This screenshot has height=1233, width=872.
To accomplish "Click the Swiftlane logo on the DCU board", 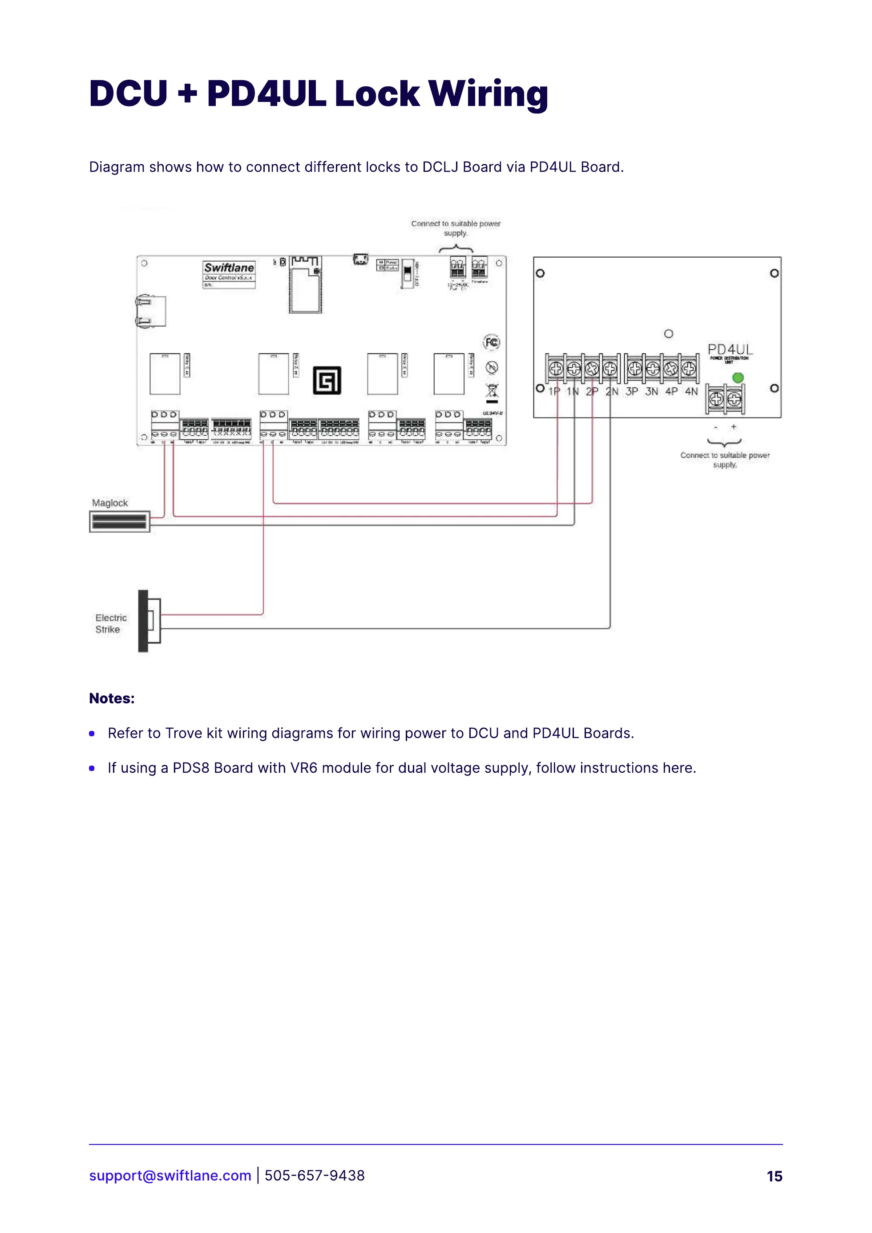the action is point(229,268).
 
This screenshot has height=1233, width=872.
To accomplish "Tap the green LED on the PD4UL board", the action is point(738,378).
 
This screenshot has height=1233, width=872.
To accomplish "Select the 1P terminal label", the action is point(554,392).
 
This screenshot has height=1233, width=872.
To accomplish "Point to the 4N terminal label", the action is point(691,392).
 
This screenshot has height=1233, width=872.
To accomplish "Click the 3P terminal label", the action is point(632,392).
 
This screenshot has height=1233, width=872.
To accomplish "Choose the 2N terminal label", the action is point(612,392).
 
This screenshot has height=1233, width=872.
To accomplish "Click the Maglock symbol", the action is point(119,522).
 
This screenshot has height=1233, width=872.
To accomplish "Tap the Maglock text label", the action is point(109,503).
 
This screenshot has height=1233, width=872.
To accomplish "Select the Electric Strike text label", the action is point(111,624).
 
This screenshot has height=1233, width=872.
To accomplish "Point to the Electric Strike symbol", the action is point(149,621).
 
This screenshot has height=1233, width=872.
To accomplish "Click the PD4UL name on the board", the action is point(730,350).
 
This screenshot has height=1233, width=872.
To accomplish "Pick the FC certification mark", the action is point(491,342).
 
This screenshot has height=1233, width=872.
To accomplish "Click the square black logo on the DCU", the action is point(327,381).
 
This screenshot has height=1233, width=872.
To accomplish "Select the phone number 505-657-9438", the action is point(315,1176).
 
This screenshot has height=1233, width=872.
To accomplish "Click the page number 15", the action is point(774,1176).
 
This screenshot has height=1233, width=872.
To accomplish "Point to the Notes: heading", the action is point(112,698).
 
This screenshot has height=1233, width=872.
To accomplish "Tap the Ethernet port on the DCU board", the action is point(151,311).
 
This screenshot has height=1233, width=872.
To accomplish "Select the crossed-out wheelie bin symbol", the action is point(492,392).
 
